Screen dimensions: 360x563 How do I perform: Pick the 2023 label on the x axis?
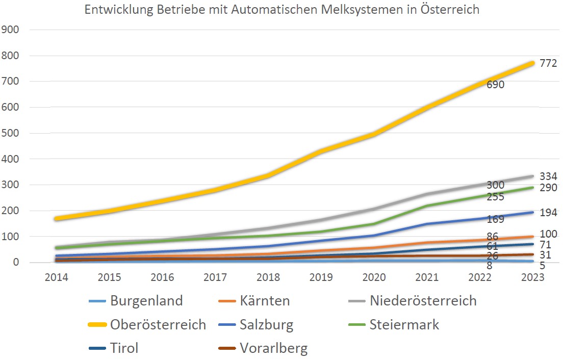coord(532,277)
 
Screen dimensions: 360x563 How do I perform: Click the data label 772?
coord(548,63)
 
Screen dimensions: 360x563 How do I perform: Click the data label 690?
coord(495,85)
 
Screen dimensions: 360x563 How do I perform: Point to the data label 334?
coord(548,176)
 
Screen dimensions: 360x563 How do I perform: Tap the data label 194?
coord(548,213)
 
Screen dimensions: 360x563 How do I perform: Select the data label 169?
coord(495,220)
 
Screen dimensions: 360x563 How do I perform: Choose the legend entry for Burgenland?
coord(146,300)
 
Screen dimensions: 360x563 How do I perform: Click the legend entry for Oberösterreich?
coord(158,324)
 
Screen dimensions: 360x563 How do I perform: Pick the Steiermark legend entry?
coord(404,324)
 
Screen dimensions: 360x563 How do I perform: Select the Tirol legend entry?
coord(124,348)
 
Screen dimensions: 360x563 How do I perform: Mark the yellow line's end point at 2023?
coord(531,63)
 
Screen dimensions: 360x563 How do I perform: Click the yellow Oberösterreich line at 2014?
coord(57,219)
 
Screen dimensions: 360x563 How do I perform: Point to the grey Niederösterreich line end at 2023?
coord(531,176)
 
